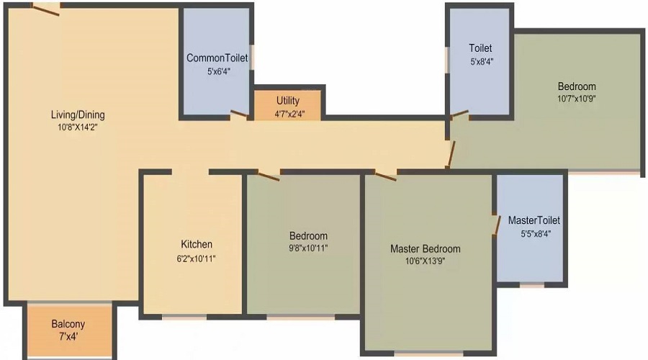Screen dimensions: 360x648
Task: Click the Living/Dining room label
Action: pyautogui.click(x=78, y=115)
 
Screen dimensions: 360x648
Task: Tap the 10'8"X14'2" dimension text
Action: pyautogui.click(x=78, y=127)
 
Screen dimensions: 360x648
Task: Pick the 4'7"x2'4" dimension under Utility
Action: pyautogui.click(x=287, y=114)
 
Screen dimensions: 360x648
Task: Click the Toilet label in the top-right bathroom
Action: pyautogui.click(x=480, y=49)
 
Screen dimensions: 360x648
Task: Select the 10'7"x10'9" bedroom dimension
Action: pyautogui.click(x=576, y=99)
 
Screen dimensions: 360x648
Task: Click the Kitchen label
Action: pyautogui.click(x=197, y=244)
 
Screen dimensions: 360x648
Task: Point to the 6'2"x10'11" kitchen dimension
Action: pyautogui.click(x=197, y=257)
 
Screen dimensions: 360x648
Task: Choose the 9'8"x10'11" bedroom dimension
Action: pyautogui.click(x=308, y=248)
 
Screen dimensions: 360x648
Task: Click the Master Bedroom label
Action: pyautogui.click(x=425, y=249)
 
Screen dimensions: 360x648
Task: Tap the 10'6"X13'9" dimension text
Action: pyautogui.click(x=425, y=262)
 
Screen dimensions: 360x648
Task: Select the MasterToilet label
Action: pyautogui.click(x=534, y=220)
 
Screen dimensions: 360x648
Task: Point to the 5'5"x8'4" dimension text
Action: pyautogui.click(x=534, y=233)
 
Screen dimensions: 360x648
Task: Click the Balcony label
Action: pyautogui.click(x=68, y=324)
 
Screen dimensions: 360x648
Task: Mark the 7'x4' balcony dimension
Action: pyautogui.click(x=68, y=337)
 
